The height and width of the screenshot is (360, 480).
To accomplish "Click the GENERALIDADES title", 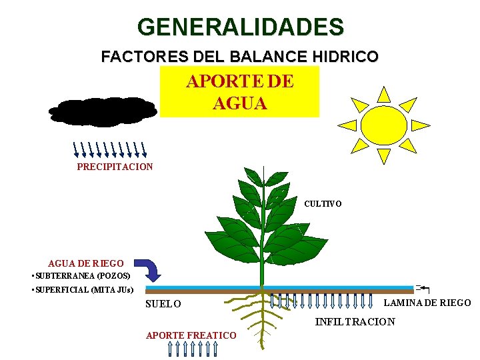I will click(x=241, y=27).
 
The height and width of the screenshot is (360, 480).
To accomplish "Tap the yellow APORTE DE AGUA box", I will click(x=240, y=91).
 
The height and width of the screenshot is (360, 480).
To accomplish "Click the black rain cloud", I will click(x=103, y=112).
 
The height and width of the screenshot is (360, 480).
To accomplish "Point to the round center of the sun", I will click(x=383, y=125).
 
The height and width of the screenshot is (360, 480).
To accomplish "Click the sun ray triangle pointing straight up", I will click(x=383, y=94).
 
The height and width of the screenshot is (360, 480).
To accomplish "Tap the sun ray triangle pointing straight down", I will click(x=383, y=155).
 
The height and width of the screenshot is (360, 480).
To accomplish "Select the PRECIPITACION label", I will click(x=115, y=167).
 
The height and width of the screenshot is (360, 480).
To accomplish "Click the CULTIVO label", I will click(x=323, y=203).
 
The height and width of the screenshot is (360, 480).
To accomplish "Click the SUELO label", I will click(x=163, y=304).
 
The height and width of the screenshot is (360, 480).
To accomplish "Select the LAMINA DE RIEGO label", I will click(x=427, y=303).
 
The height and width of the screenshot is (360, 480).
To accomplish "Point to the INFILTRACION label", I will click(x=355, y=322).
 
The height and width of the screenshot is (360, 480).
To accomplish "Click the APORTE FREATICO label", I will click(x=191, y=335).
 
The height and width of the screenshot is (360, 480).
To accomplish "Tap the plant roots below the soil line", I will click(x=260, y=317).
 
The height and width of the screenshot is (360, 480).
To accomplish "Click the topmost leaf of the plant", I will click(x=254, y=176).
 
